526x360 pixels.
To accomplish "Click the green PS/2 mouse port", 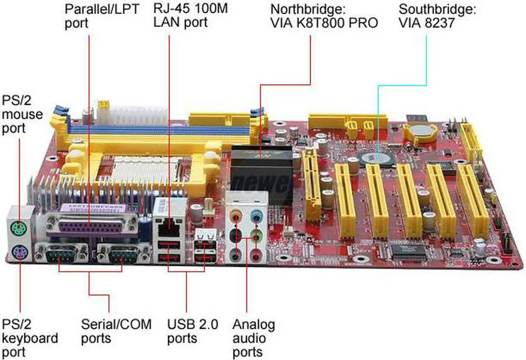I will pyautogui.click(x=20, y=226).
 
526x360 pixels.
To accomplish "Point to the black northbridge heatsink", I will pyautogui.click(x=262, y=164).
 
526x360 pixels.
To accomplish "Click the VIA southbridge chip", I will pyautogui.click(x=377, y=158).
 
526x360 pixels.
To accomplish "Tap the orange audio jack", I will pyautogui.click(x=236, y=215).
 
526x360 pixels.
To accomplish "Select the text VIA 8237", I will pyautogui.click(x=427, y=23).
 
